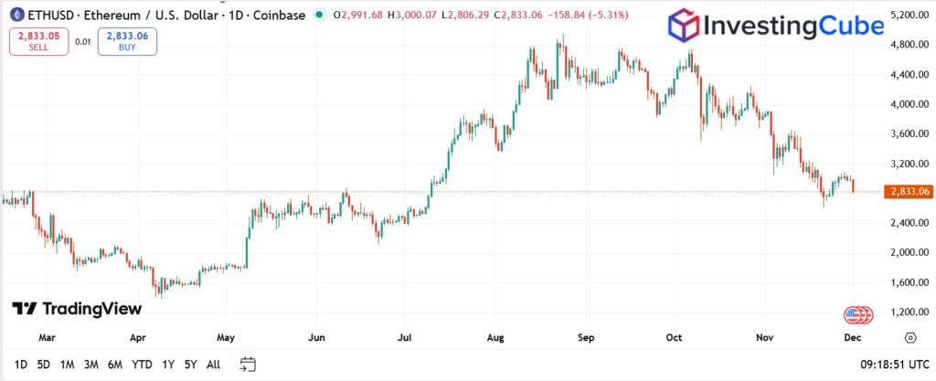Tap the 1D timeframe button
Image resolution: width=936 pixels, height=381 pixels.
[x=21, y=365]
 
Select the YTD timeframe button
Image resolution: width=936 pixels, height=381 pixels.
[x=142, y=365]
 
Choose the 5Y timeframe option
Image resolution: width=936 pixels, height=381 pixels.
[x=190, y=365]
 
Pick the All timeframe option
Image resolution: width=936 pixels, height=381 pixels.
[x=213, y=365]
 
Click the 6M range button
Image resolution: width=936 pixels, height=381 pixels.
[x=115, y=365]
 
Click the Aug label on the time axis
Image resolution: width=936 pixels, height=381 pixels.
[x=496, y=337]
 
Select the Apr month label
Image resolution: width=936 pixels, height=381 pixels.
[x=138, y=337]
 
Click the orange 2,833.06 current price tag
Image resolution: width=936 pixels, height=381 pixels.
[x=908, y=192]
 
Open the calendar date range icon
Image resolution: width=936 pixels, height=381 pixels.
[x=248, y=365]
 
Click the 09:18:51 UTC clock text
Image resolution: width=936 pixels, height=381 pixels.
[x=893, y=365]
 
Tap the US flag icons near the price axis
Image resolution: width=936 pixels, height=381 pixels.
[x=856, y=314]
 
